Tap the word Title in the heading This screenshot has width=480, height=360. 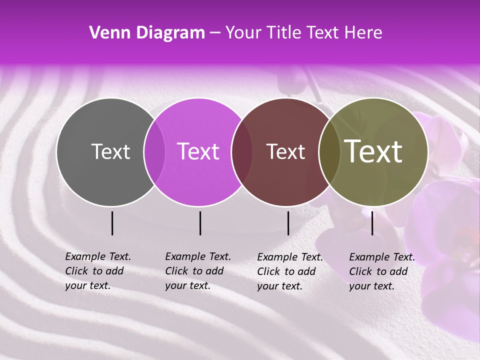(283, 33)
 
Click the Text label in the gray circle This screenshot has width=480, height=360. (110, 151)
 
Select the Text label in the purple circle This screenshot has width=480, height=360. (198, 151)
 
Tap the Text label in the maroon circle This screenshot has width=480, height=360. (286, 151)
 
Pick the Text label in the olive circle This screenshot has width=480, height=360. (373, 151)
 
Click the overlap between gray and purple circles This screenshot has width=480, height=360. (154, 151)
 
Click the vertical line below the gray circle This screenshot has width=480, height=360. (112, 223)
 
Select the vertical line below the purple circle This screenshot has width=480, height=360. (200, 223)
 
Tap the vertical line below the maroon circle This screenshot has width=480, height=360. (288, 223)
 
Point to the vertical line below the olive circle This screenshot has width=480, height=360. (372, 223)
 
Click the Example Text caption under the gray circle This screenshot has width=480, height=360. (98, 271)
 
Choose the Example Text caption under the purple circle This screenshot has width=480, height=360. (198, 271)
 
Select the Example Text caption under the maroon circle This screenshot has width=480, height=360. (290, 271)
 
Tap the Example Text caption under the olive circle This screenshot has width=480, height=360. (382, 271)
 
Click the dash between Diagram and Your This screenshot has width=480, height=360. (215, 33)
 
